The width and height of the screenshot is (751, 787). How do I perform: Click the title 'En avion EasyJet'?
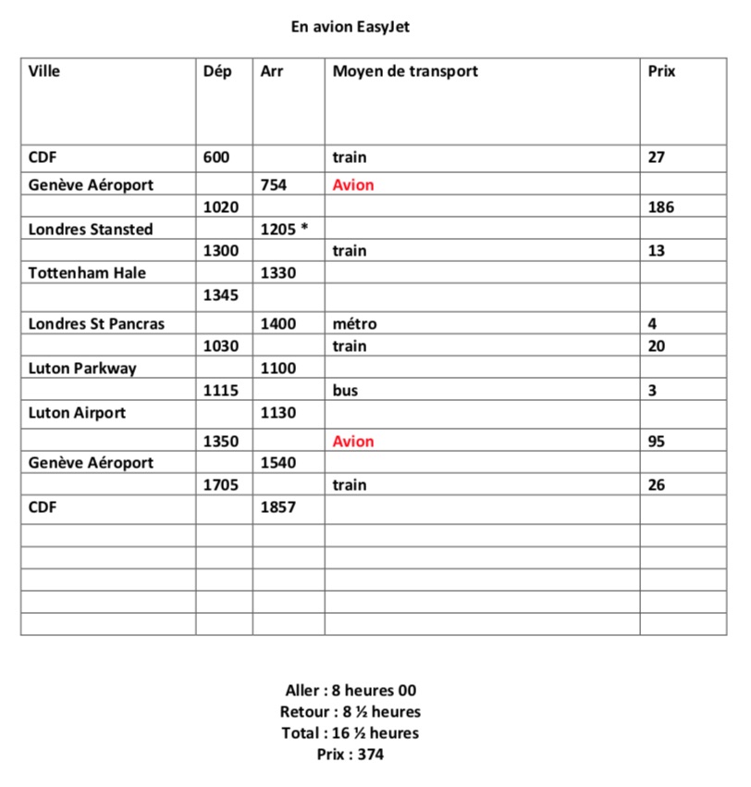coord(350,27)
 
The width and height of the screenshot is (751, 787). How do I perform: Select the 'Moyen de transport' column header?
coord(405,71)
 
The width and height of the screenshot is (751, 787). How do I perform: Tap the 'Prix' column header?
coord(662,71)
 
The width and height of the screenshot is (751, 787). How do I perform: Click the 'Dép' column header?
coord(217,71)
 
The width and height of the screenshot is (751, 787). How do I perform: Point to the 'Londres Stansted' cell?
coord(91,230)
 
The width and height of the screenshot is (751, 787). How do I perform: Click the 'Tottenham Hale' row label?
coord(87,273)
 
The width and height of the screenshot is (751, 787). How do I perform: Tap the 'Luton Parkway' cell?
coord(82,369)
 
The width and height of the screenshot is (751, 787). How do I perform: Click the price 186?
coord(661,207)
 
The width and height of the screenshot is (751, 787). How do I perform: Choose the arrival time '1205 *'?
coord(284,230)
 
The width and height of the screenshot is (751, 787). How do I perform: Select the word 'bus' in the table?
coord(345,391)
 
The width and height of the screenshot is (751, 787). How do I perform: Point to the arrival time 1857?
coord(278,508)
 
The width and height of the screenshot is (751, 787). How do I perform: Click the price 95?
coord(657,442)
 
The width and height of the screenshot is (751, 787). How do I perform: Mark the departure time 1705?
coord(220,485)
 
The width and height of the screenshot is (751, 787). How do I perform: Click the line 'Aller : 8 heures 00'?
coord(351,691)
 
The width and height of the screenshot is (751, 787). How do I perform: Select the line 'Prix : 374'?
coord(351,755)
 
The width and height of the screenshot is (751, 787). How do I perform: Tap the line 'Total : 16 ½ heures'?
coord(351,733)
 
